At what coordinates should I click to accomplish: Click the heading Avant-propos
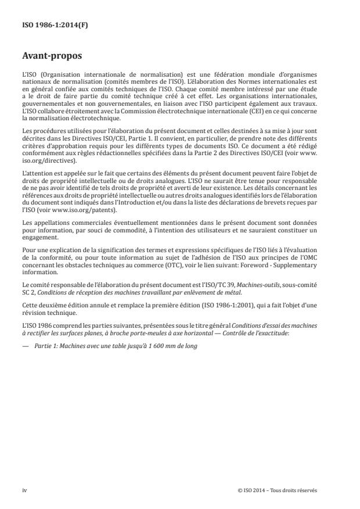50,58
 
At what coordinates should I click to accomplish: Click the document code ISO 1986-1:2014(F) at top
48,25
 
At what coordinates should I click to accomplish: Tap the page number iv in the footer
24,490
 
